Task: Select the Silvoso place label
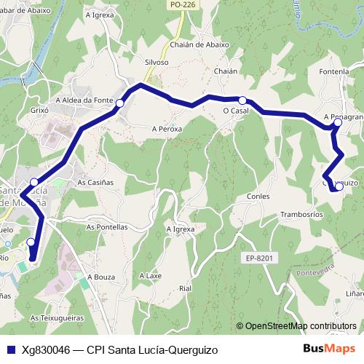157,63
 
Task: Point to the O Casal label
236,111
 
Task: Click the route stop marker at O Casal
242,100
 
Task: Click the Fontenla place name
334,71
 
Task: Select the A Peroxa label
167,128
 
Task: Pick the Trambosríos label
301,215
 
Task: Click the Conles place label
258,197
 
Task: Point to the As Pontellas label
107,226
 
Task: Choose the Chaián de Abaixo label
199,44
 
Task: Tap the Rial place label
184,288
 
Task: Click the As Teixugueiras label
58,318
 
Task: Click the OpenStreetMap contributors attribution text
300,326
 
